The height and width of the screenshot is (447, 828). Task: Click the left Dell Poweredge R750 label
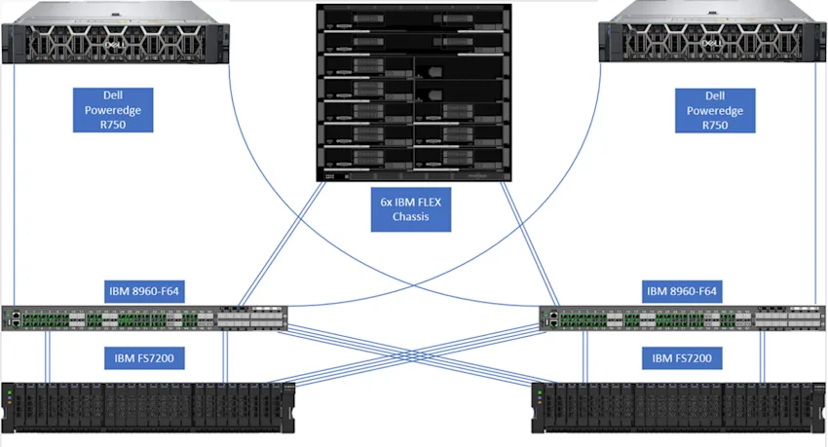(x=113, y=110)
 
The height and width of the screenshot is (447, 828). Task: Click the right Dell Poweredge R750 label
(x=715, y=110)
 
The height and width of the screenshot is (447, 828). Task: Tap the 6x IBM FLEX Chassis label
(x=411, y=209)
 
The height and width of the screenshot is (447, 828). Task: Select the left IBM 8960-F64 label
(x=144, y=291)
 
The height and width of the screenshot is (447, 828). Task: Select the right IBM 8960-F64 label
(x=682, y=291)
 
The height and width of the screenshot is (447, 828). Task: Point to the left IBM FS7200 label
(x=144, y=358)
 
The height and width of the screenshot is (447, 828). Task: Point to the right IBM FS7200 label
(x=682, y=358)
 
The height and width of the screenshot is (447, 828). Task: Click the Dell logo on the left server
(x=114, y=45)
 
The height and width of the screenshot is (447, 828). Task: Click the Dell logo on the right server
(x=712, y=43)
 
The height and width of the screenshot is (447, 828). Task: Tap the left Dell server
(x=116, y=33)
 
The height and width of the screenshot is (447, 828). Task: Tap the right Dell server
(x=712, y=32)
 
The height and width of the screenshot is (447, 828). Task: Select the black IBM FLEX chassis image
(x=414, y=93)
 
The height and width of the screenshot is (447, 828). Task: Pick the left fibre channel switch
(x=144, y=318)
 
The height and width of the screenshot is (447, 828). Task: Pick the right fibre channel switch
(x=682, y=318)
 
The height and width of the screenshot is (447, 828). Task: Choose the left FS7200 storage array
(x=148, y=408)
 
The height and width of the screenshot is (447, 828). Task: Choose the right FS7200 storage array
(x=679, y=408)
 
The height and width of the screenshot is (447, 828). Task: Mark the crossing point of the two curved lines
(x=414, y=285)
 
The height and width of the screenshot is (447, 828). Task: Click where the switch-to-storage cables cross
(x=413, y=356)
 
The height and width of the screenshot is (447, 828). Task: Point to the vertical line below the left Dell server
(x=15, y=185)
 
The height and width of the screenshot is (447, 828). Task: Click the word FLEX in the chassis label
(x=429, y=203)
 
